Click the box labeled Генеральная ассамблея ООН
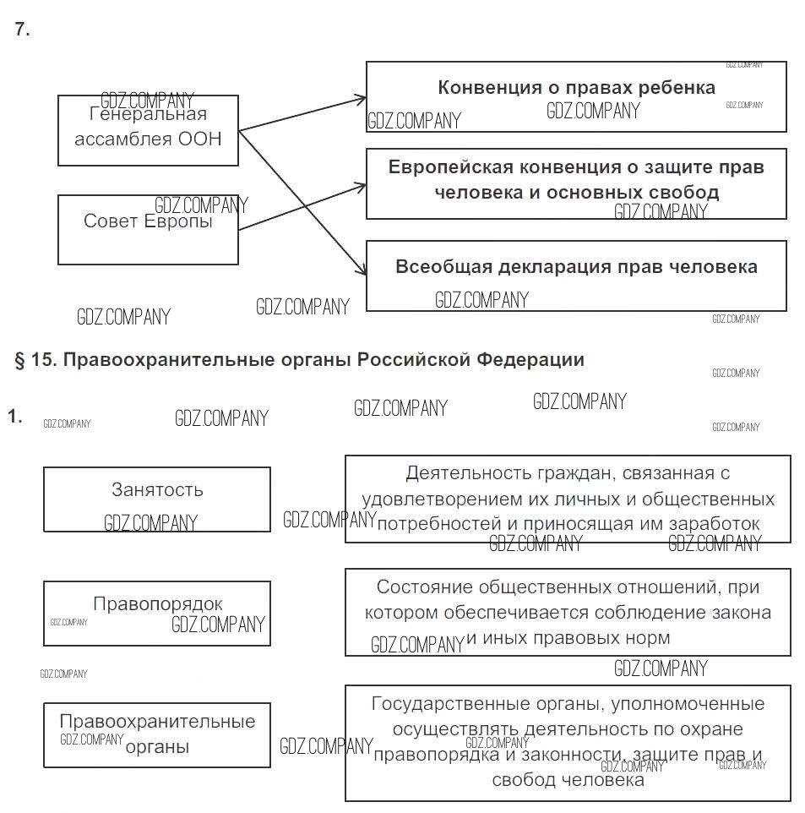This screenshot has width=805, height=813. (148, 130)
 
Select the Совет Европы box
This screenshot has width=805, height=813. (148, 230)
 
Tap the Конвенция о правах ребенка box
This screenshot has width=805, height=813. (576, 96)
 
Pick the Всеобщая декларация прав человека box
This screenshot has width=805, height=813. (576, 276)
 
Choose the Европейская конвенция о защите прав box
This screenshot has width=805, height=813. (576, 183)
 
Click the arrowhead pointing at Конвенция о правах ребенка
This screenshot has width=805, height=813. (362, 100)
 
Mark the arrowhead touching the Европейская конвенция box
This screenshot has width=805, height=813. (362, 183)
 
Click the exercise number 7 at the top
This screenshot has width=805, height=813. (22, 30)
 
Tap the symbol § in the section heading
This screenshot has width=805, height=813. (19, 360)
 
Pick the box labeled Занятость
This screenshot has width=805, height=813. (157, 499)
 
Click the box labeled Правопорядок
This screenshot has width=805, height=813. (157, 614)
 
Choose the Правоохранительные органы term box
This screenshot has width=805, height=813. (157, 734)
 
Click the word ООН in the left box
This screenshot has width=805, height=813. (200, 139)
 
